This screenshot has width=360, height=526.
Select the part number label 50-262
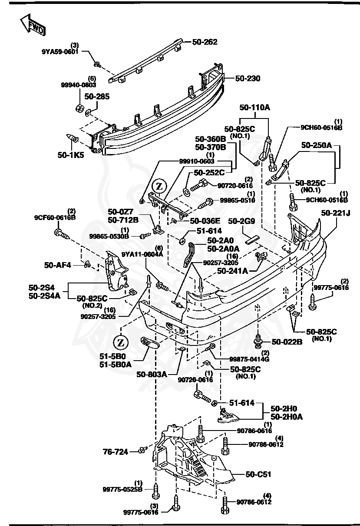205,42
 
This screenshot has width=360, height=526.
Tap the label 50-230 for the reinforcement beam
248,79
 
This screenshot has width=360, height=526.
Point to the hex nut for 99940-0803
79,108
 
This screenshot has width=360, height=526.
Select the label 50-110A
254,107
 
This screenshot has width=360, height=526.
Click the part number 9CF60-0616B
55,217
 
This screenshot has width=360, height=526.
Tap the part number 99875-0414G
249,359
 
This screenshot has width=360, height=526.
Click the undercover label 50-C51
258,474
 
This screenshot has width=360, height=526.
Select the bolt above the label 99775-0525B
155,492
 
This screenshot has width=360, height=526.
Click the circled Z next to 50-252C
159,186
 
